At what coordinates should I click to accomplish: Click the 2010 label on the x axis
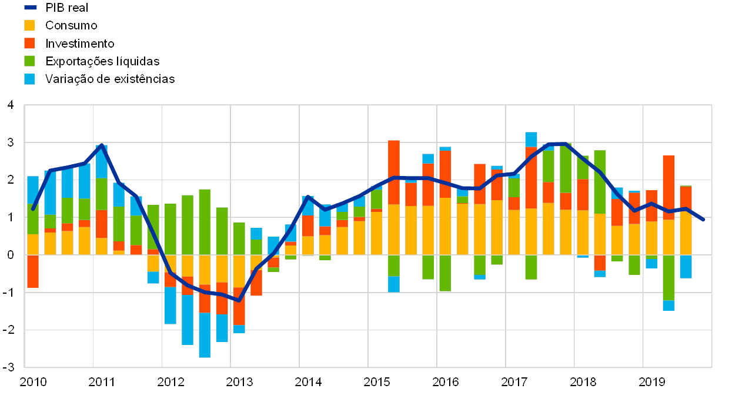(34, 381)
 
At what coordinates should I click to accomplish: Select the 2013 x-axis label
(239, 381)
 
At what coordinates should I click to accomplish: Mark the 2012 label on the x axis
(171, 381)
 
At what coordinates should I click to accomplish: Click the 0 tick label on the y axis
(10, 255)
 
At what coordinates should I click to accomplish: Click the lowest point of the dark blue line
(239, 300)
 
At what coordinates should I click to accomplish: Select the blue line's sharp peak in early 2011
(102, 145)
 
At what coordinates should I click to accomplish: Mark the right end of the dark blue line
(704, 220)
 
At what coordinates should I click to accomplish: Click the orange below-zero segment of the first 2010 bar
(33, 271)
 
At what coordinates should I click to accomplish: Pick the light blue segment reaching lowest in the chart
(205, 335)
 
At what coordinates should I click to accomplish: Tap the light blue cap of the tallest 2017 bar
(531, 139)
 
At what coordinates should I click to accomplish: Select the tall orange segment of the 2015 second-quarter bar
(394, 172)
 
